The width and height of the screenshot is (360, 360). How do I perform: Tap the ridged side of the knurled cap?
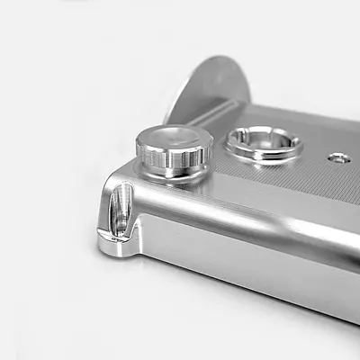tap(172, 161)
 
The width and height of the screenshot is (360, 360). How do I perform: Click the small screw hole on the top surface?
tap(338, 158)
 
